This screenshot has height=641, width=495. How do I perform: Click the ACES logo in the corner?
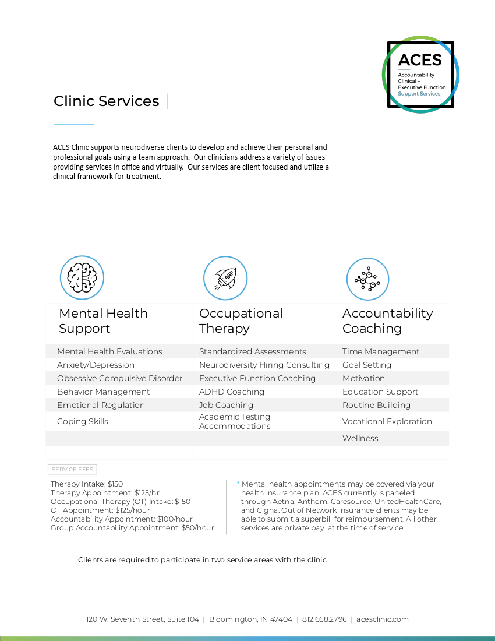[420, 75]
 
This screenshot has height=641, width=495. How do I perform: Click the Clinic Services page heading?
[106, 101]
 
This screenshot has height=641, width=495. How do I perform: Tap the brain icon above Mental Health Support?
[82, 277]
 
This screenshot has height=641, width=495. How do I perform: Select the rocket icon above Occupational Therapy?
[225, 277]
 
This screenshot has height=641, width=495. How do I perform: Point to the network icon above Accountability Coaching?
[367, 279]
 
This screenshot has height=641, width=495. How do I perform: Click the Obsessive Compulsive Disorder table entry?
[119, 378]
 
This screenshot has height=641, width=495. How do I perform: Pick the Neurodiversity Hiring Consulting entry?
[264, 365]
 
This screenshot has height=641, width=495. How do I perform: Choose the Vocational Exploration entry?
[387, 421]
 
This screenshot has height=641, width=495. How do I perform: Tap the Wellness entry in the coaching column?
[360, 438]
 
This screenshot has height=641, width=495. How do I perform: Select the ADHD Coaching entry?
[232, 392]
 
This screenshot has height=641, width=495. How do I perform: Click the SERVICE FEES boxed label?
[72, 469]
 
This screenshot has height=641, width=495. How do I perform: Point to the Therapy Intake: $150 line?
[87, 484]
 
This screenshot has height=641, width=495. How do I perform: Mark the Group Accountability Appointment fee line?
[132, 528]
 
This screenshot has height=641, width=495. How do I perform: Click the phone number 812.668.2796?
[324, 619]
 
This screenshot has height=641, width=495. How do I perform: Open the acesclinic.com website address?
[382, 619]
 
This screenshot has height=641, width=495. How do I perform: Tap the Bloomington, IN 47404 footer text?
[250, 619]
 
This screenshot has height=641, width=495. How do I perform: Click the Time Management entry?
[381, 351]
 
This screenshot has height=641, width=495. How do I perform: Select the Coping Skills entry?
[83, 421]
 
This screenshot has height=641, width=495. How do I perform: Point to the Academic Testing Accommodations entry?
[235, 421]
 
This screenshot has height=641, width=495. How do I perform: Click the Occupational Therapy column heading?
[241, 320]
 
